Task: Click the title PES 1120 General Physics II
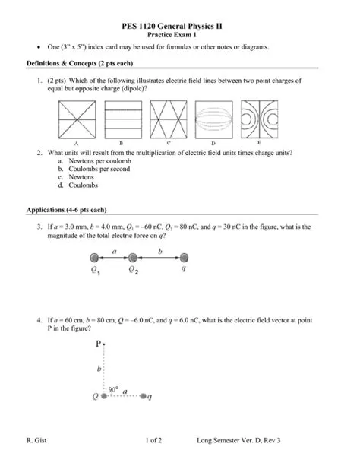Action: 180,26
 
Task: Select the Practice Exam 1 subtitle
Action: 180,35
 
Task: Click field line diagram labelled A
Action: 77,120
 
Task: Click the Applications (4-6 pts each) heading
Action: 67,209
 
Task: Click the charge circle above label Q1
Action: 94,258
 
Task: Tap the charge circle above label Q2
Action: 133,258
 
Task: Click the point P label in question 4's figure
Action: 98,344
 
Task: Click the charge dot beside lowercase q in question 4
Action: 144,396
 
